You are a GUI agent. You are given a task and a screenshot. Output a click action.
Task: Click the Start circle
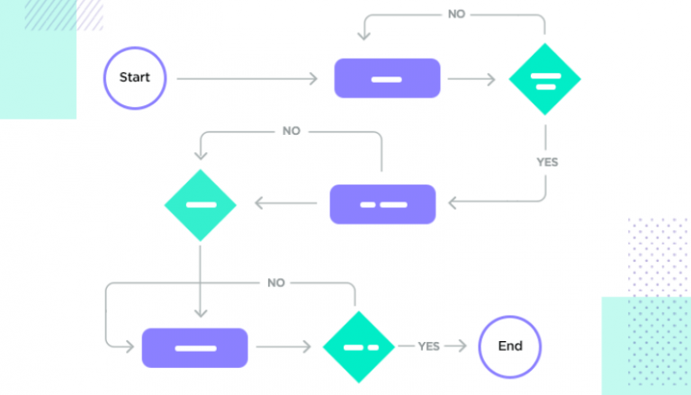135,78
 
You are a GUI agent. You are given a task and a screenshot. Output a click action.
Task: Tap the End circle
509,346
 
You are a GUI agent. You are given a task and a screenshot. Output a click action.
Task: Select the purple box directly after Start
387,78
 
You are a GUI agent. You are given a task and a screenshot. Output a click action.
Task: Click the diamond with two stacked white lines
544,78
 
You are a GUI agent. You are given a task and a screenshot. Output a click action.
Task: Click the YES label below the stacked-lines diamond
547,162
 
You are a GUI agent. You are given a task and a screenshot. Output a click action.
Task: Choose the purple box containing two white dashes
382,204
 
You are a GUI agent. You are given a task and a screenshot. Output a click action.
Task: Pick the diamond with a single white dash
200,204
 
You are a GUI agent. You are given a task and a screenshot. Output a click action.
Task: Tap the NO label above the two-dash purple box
291,130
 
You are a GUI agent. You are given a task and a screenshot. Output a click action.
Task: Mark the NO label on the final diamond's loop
276,283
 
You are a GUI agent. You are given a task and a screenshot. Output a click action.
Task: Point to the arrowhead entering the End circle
462,346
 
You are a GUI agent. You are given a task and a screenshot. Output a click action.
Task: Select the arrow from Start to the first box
247,79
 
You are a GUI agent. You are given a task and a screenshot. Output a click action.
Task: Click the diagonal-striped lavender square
63,15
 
